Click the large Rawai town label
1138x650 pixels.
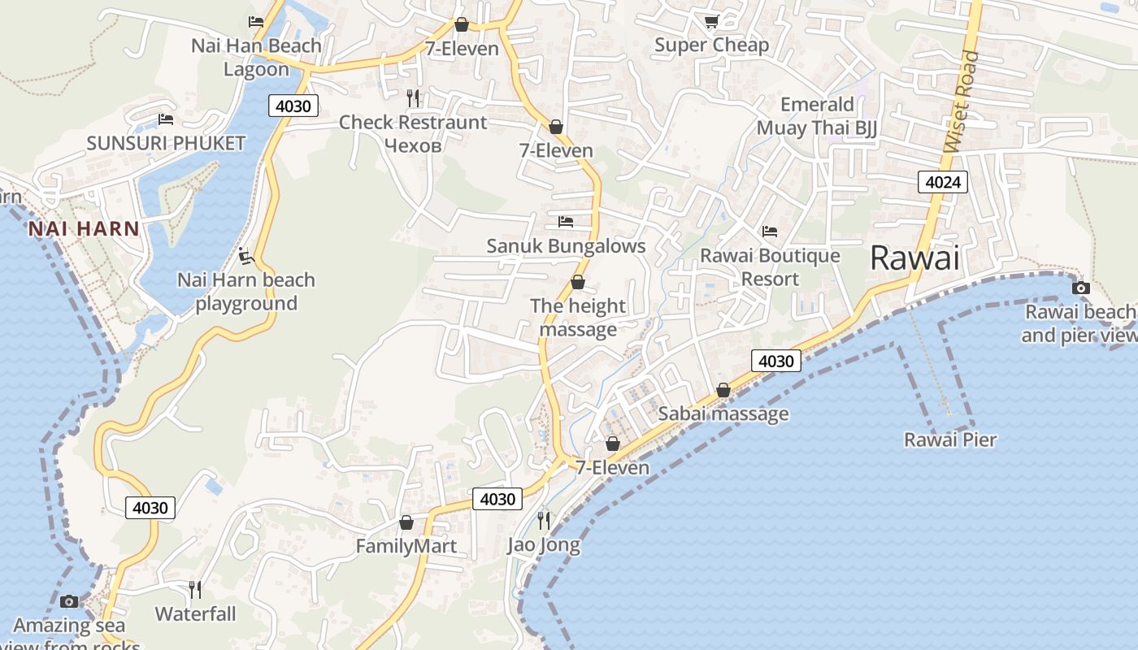coord(914,258)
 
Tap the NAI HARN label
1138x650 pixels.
coord(84,229)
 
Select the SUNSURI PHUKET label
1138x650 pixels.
coord(166,144)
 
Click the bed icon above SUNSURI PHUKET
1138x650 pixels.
coord(166,119)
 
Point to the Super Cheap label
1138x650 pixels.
coord(711,45)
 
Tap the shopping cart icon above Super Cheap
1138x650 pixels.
coord(711,21)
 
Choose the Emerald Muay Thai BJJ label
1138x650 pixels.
coord(817,116)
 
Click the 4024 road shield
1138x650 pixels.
coord(943,182)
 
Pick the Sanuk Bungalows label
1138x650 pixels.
coord(566,246)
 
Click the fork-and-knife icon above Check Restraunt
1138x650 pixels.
coord(413,98)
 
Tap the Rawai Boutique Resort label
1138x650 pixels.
coord(770,267)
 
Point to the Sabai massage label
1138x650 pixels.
coord(723,414)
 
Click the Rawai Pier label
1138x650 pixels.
coord(949,440)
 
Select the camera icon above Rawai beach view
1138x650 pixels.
coord(1080,288)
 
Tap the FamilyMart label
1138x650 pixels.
coord(406,546)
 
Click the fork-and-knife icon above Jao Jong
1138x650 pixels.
coord(544,520)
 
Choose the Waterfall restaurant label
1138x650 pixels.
coord(195,613)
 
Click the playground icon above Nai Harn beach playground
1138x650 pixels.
coord(246,257)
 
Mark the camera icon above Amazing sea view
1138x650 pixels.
coord(69,601)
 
